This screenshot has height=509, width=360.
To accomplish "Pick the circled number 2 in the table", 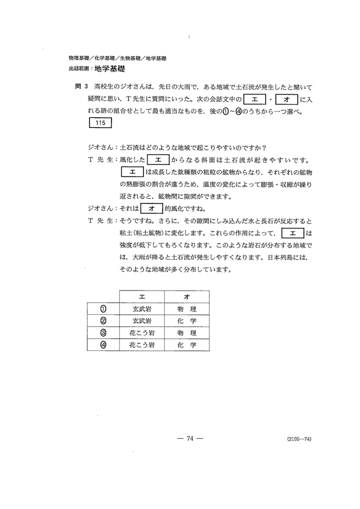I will (x=103, y=321).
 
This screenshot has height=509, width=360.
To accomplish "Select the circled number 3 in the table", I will (x=103, y=333).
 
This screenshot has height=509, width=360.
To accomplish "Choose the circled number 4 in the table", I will (x=103, y=345).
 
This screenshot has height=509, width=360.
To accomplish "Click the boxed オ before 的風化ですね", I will (x=150, y=207).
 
